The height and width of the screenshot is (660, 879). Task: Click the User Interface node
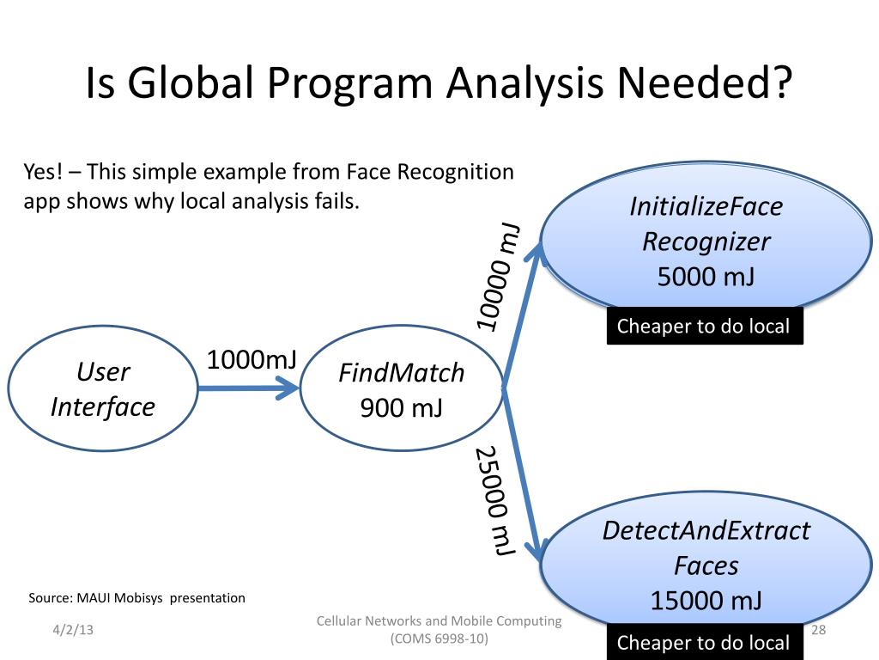click(102, 389)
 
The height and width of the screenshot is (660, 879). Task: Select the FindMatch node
click(401, 389)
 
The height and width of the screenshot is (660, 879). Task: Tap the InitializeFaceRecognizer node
click(706, 240)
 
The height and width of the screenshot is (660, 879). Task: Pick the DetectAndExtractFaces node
click(706, 563)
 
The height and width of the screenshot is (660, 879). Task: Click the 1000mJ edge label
click(251, 359)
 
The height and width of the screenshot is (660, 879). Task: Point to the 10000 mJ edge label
click(500, 276)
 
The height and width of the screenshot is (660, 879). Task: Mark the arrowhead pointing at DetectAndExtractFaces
click(542, 551)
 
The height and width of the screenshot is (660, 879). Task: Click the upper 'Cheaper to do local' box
click(704, 327)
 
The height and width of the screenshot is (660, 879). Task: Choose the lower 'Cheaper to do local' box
click(704, 642)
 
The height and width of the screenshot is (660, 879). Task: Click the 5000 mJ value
click(706, 278)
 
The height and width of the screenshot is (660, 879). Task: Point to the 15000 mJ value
click(706, 600)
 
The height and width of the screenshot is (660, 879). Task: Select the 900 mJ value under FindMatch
click(401, 407)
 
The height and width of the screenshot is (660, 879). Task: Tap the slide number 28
click(818, 631)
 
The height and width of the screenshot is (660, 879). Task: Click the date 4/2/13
click(71, 631)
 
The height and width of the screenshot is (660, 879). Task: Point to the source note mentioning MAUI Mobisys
click(137, 597)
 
